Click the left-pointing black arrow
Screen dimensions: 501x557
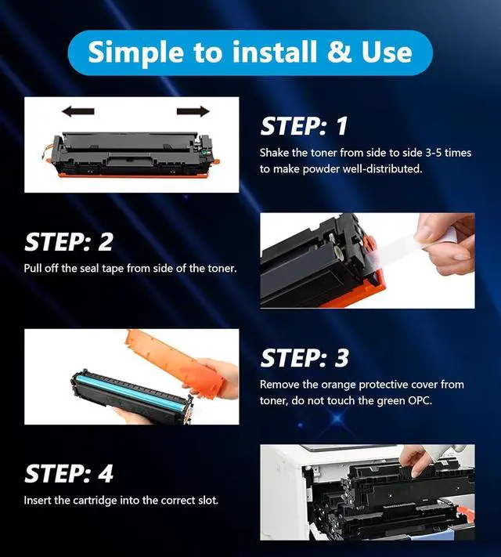click(77, 111)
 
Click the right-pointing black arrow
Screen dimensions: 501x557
click(193, 111)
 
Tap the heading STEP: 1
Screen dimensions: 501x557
click(304, 126)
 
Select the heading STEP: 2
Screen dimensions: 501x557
click(69, 242)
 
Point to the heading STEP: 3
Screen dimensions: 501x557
click(305, 358)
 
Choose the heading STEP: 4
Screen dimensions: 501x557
click(69, 473)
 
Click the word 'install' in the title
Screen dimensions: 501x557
click(274, 52)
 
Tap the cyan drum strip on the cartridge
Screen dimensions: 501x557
click(132, 390)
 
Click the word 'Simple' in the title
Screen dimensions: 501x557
click(137, 52)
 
